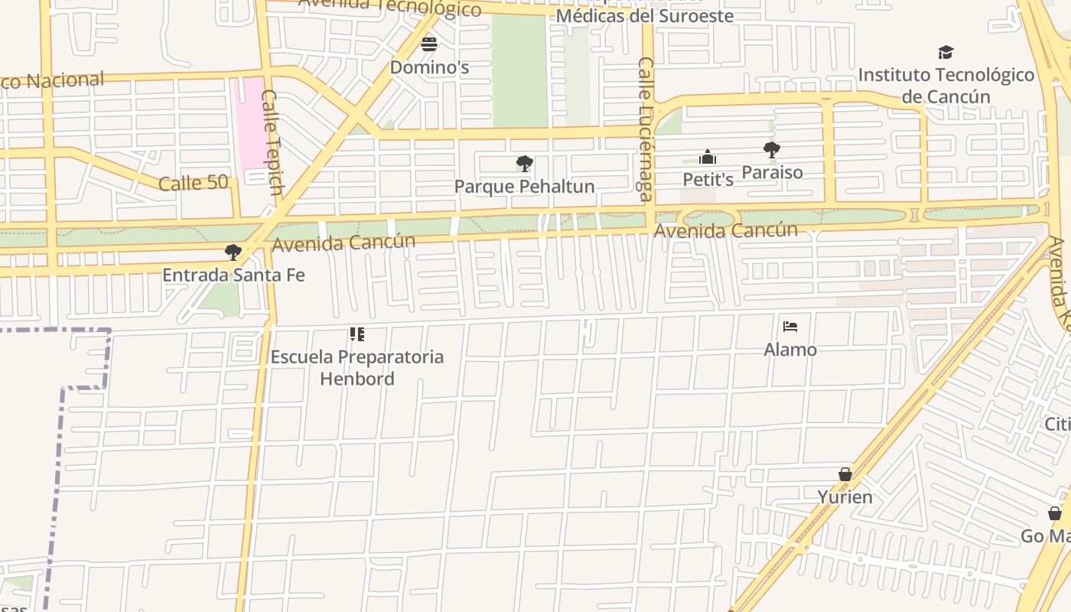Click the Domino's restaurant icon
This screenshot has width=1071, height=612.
[429, 44]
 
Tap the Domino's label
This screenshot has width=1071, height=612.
[429, 67]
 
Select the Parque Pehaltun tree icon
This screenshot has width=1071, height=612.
[524, 163]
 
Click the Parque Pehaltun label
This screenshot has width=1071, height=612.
[524, 187]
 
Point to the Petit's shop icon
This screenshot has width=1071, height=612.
[708, 157]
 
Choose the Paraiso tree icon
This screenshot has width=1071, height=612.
[771, 149]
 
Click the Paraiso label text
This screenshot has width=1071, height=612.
[772, 172]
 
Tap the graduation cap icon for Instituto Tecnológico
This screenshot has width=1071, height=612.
[946, 52]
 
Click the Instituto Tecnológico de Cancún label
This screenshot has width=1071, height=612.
[946, 86]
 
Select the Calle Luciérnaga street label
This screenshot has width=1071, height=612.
[645, 130]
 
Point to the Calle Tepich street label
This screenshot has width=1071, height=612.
[273, 142]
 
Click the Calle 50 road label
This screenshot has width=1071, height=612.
[194, 183]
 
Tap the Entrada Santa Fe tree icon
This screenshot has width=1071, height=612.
[233, 252]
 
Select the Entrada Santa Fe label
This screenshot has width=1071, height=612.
[233, 275]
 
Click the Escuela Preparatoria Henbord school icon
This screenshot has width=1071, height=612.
[357, 334]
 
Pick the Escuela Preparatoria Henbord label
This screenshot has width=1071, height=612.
[357, 367]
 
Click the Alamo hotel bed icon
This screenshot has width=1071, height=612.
[790, 327]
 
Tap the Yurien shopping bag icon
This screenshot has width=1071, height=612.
[845, 474]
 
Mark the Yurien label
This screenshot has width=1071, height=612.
[845, 497]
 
